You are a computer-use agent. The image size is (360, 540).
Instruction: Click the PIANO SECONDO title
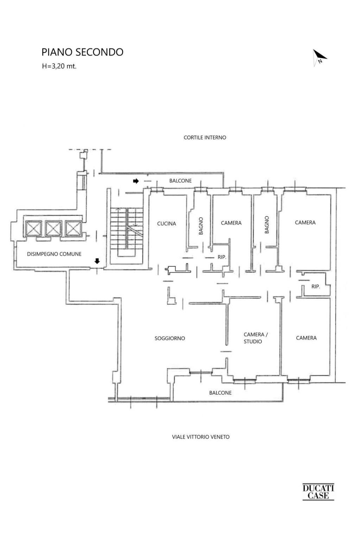82,52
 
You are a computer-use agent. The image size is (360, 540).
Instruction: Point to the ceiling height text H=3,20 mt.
59,66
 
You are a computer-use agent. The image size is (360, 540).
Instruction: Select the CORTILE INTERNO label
205,138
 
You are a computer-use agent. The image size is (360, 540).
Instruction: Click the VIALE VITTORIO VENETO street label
201,437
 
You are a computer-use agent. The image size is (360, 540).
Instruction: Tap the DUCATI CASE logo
318,492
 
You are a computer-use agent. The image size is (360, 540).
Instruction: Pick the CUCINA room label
166,223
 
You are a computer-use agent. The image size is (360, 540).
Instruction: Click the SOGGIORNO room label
170,338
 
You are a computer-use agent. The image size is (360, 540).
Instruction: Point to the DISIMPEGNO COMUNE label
54,254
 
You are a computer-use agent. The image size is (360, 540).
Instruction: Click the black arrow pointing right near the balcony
135,181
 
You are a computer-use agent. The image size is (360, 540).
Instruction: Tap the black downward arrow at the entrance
97,261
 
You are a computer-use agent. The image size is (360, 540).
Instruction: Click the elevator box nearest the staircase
73,228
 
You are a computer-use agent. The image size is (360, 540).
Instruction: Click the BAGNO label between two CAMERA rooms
267,225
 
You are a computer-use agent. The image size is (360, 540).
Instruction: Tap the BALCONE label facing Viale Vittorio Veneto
220,393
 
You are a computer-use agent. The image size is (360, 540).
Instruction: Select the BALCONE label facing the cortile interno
181,181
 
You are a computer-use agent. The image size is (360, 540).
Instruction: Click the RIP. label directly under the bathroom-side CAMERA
222,257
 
